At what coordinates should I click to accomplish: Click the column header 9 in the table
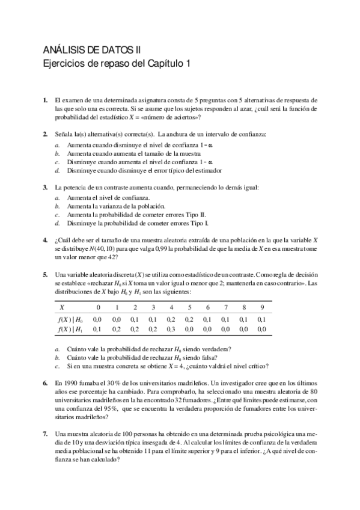click(x=262, y=307)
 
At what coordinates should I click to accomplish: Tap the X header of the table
click(x=61, y=307)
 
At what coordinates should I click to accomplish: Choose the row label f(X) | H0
click(x=71, y=319)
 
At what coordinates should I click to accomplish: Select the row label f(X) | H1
click(x=71, y=329)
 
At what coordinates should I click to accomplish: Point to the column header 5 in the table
click(x=189, y=307)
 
